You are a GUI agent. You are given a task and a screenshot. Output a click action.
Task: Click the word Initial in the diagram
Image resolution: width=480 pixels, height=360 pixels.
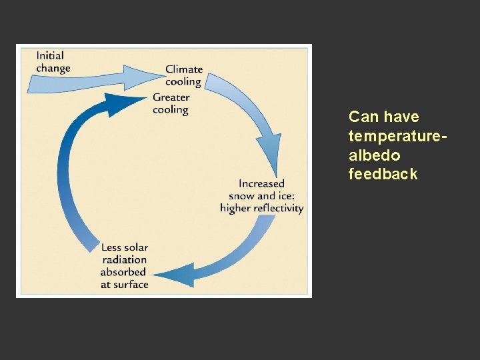coord(51,55)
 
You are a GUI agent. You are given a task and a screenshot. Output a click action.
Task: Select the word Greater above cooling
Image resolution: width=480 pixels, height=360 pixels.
coord(171,97)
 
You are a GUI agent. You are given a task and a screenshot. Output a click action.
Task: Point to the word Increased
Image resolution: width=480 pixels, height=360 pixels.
coord(261,183)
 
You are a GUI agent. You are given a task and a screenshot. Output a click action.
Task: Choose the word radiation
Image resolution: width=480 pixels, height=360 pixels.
coord(125,260)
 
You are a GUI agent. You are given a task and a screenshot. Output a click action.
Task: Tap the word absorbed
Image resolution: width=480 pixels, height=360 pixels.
coord(123,272)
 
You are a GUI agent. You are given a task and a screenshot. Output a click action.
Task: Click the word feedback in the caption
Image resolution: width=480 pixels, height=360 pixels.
coord(383,175)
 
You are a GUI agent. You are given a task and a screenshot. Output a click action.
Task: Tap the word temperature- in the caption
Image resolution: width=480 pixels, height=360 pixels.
coord(397,136)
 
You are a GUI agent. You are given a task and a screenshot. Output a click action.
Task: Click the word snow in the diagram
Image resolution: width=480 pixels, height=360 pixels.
coord(242,196)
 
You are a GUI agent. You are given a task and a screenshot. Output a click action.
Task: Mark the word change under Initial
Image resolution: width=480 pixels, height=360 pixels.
coord(53,68)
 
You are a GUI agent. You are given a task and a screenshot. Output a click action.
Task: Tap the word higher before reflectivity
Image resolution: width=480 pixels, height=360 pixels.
coord(235,208)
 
